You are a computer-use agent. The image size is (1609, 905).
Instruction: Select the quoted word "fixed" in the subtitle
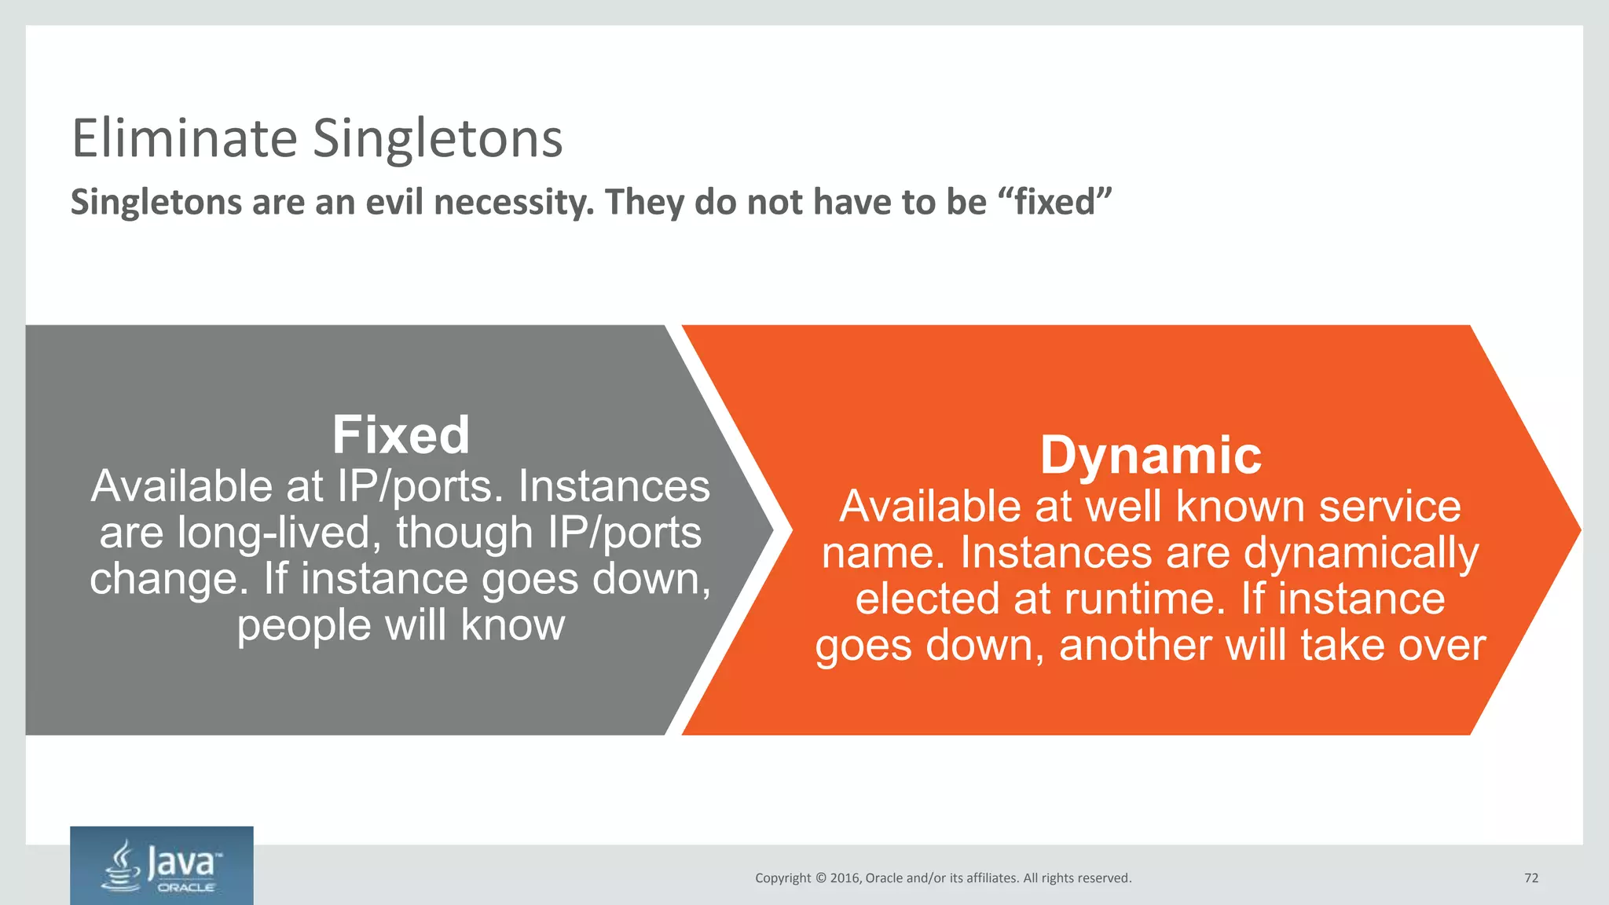pyautogui.click(x=1054, y=201)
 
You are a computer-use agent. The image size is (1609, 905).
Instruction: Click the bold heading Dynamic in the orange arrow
pyautogui.click(x=1150, y=455)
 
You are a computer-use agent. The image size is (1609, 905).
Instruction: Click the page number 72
pyautogui.click(x=1530, y=878)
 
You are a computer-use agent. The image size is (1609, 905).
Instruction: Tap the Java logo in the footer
pyautogui.click(x=162, y=866)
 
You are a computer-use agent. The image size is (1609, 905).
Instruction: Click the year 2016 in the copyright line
pyautogui.click(x=845, y=878)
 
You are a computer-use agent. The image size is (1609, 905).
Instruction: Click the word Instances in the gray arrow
pyautogui.click(x=614, y=486)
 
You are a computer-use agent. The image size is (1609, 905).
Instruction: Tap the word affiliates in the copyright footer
pyautogui.click(x=991, y=878)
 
